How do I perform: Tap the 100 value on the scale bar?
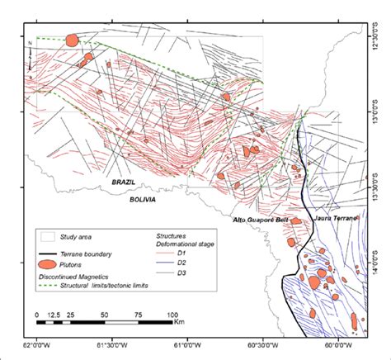pyautogui.click(x=172, y=315)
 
